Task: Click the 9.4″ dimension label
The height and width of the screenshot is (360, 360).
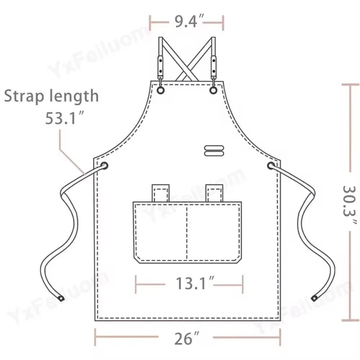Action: point(187,22)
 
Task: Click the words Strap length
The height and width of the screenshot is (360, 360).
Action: point(51,96)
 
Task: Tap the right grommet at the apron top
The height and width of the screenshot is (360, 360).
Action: point(213,90)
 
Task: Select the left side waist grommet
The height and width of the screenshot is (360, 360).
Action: point(104,166)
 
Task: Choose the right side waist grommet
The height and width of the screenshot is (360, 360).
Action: point(271,166)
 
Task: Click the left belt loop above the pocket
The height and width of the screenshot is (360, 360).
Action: point(161,193)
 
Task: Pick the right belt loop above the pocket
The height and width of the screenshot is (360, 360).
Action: point(215,193)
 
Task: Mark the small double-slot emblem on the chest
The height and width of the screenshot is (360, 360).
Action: point(214,151)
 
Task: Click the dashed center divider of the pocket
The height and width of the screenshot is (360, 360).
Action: point(187,232)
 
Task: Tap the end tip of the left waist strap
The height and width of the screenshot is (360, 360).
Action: point(62,298)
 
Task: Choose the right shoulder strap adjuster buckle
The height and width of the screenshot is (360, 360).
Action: point(214,65)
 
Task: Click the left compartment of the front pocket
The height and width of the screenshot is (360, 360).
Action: point(160,232)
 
